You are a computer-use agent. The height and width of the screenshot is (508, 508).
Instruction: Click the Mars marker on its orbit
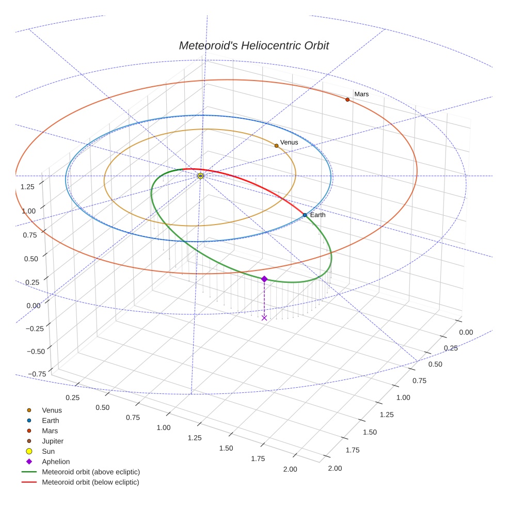pyautogui.click(x=347, y=100)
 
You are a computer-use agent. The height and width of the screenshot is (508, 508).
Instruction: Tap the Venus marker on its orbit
pyautogui.click(x=276, y=146)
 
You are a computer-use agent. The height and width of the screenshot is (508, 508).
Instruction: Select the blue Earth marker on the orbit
pyautogui.click(x=305, y=215)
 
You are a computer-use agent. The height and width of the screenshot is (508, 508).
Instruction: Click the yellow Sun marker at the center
pyautogui.click(x=200, y=176)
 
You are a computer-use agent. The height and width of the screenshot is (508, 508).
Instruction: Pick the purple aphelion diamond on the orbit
pyautogui.click(x=264, y=279)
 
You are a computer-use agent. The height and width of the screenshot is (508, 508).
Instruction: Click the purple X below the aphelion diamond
pyautogui.click(x=264, y=317)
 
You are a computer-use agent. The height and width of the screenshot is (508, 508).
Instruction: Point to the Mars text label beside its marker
pyautogui.click(x=361, y=94)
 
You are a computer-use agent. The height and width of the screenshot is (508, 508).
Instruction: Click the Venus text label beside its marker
pyautogui.click(x=289, y=142)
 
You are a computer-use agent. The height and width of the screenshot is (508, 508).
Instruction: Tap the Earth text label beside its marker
pyautogui.click(x=318, y=215)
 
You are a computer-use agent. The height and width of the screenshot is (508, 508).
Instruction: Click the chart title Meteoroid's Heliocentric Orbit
pyautogui.click(x=253, y=45)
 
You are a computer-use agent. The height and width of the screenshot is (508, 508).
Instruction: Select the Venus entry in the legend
pyautogui.click(x=52, y=410)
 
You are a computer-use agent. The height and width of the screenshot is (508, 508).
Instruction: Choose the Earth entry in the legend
pyautogui.click(x=50, y=420)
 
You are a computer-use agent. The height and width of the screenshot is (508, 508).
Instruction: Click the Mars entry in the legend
pyautogui.click(x=50, y=431)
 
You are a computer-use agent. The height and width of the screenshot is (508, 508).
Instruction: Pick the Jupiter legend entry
pyautogui.click(x=53, y=441)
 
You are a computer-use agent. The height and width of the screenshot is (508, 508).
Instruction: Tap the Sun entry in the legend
pyautogui.click(x=48, y=451)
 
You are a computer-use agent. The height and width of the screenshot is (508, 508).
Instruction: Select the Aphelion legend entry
pyautogui.click(x=56, y=462)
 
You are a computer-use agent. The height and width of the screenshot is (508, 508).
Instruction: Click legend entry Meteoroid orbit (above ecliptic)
pyautogui.click(x=91, y=472)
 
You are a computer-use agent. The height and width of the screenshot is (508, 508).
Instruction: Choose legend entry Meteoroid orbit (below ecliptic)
pyautogui.click(x=90, y=482)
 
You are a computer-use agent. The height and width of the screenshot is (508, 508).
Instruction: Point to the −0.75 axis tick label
pyautogui.click(x=36, y=374)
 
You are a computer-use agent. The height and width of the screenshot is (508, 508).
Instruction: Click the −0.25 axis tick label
pyautogui.click(x=36, y=328)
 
